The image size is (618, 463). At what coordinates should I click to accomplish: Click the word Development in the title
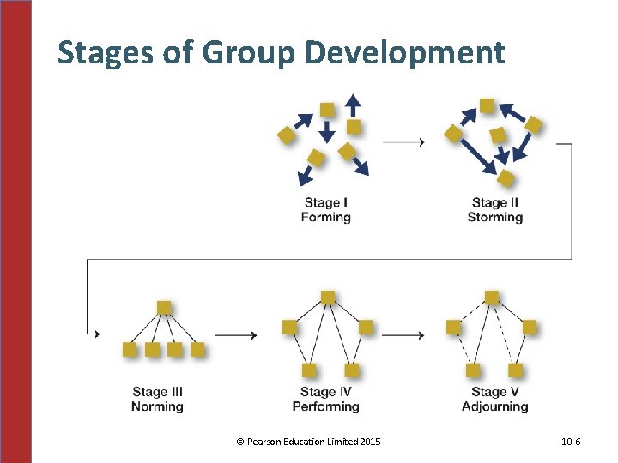point(404,53)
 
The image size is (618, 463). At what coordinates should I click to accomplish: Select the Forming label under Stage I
point(326,218)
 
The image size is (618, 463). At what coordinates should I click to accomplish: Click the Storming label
point(495,218)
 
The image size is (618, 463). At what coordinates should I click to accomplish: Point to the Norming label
point(157,406)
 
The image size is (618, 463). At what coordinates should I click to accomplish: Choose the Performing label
point(326,406)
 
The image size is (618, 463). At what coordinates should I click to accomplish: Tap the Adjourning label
point(495,406)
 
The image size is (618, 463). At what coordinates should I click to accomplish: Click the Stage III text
point(157,392)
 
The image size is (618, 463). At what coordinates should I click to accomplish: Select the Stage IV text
point(326,392)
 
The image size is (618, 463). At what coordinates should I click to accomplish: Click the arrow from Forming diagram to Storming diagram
point(403,142)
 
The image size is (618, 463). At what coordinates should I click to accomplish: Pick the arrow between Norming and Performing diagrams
point(234,334)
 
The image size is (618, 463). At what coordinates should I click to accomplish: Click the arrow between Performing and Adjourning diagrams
point(403,334)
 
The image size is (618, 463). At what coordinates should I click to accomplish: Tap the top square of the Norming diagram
point(164,307)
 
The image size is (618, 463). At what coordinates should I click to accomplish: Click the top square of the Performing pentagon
point(327,298)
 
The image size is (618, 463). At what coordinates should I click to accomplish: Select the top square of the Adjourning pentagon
point(491,298)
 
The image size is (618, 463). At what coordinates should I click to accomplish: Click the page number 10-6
point(571,442)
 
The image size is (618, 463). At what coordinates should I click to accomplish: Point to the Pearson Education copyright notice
point(308,442)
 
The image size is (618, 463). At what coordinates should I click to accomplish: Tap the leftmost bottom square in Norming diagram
point(130,349)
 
